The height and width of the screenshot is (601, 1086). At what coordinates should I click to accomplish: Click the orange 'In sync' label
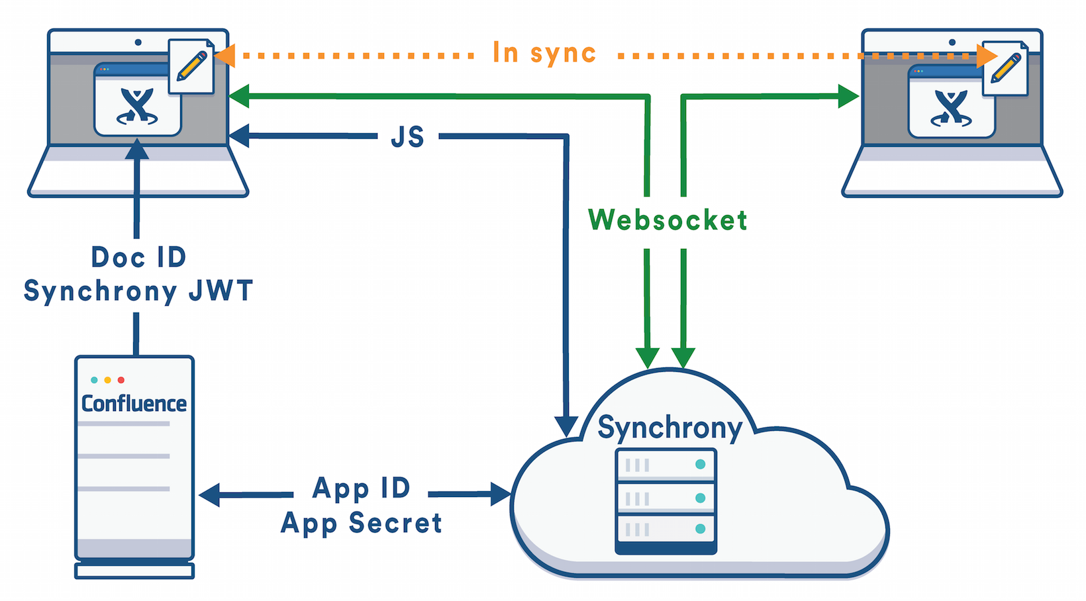tap(544, 54)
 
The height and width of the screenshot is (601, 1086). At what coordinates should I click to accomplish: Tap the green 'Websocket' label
tap(667, 220)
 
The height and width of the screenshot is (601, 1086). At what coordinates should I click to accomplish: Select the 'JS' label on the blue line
tap(407, 137)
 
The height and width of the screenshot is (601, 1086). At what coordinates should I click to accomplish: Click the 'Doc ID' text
tap(138, 257)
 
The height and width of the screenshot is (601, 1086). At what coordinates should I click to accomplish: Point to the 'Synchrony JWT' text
tap(138, 291)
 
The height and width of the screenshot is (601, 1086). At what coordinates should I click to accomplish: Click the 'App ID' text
tap(362, 488)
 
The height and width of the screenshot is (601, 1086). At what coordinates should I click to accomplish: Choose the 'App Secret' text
tap(362, 523)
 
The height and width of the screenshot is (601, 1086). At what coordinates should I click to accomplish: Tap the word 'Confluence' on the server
tap(134, 403)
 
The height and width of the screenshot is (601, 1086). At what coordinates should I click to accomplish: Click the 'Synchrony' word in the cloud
tap(669, 428)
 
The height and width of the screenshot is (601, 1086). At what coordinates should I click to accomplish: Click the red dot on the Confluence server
tap(121, 380)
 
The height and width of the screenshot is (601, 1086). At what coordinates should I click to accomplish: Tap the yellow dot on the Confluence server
tap(107, 380)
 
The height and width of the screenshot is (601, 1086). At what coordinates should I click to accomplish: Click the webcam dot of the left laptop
tap(138, 42)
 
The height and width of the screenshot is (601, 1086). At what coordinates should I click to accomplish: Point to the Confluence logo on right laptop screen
tap(952, 108)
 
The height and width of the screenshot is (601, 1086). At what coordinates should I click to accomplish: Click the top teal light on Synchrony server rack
tap(700, 465)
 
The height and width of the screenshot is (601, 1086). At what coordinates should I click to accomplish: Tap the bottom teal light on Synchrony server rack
tap(700, 528)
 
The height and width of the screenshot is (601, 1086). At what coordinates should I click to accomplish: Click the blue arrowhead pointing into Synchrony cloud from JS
tap(566, 426)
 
